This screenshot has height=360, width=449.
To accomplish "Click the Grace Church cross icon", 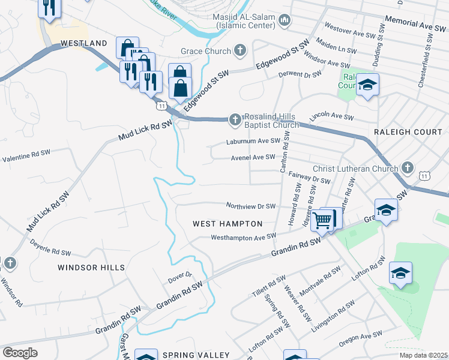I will (240, 50).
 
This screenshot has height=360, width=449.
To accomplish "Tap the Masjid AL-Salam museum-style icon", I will (285, 22).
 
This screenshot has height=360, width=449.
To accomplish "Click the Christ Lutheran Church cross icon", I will (408, 167).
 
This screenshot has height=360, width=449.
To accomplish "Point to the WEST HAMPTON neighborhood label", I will (228, 224).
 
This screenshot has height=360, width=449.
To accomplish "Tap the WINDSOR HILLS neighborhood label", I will (91, 267).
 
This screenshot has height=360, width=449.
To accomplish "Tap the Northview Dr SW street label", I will (250, 206).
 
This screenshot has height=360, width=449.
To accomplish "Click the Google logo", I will (20, 352).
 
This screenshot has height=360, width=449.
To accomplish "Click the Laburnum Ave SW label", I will (253, 142).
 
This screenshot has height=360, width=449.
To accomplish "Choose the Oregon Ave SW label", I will (360, 339).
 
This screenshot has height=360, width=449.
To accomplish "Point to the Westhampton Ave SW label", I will (243, 237).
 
